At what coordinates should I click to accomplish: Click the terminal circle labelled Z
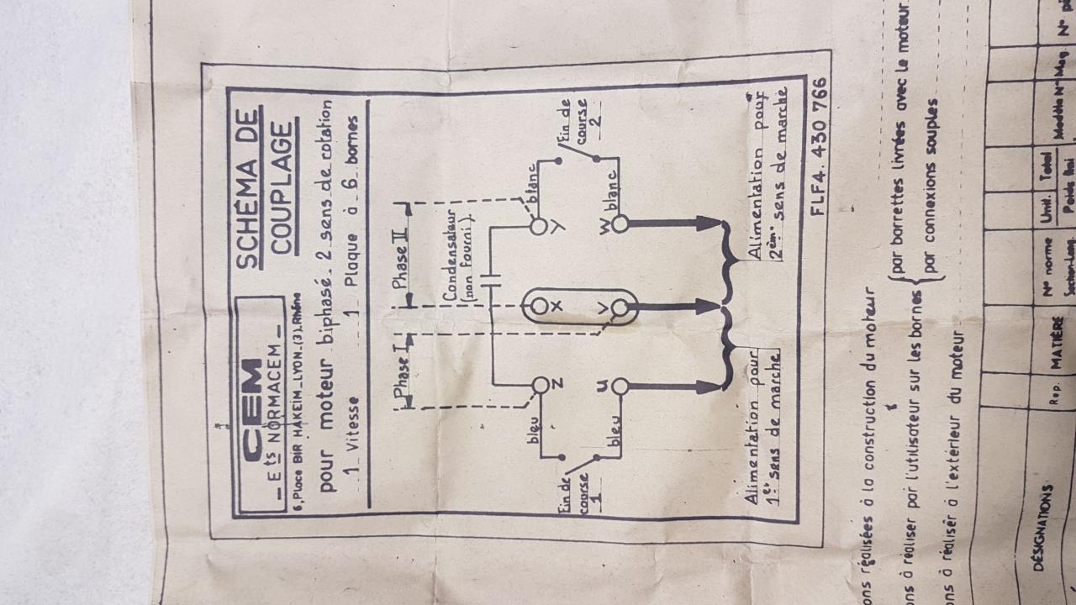coord(541,385)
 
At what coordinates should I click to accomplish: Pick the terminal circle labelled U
coord(620,387)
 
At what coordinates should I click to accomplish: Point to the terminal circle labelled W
coord(620,224)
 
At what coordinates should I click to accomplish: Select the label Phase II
coord(400,245)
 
